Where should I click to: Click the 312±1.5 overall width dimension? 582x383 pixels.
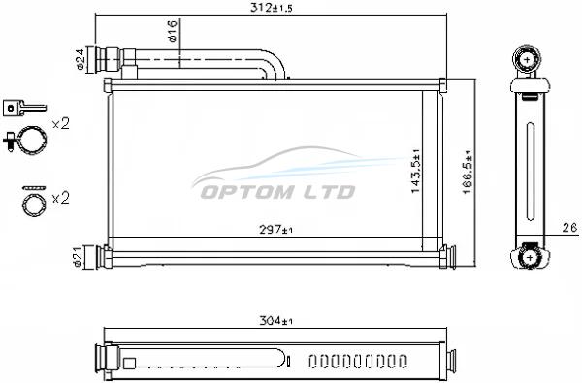[272, 8]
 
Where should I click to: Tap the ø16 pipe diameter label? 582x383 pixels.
[173, 31]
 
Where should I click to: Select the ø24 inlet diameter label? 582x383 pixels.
[81, 60]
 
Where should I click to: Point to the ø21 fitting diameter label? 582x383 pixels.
[78, 257]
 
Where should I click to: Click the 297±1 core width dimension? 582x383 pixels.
[275, 230]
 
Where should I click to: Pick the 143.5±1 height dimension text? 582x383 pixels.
[415, 171]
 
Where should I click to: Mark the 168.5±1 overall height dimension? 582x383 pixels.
[468, 172]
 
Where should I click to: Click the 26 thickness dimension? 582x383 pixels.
[570, 228]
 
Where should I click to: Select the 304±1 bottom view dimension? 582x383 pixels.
[275, 321]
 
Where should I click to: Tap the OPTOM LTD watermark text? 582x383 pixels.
[277, 192]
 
